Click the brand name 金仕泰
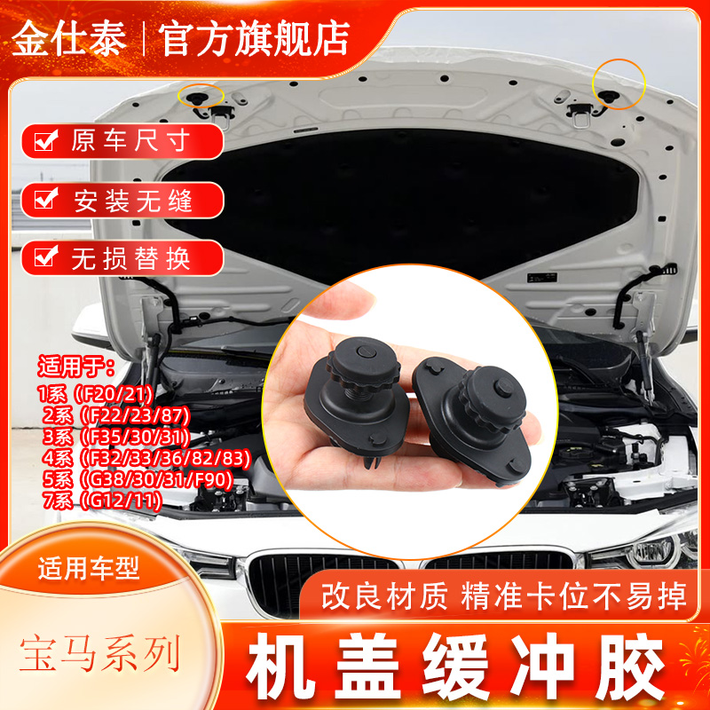click(x=68, y=36)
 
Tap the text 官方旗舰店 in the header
click(x=254, y=36)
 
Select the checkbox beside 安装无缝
click(x=43, y=199)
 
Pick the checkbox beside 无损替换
click(x=43, y=257)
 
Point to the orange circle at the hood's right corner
click(x=619, y=83)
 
